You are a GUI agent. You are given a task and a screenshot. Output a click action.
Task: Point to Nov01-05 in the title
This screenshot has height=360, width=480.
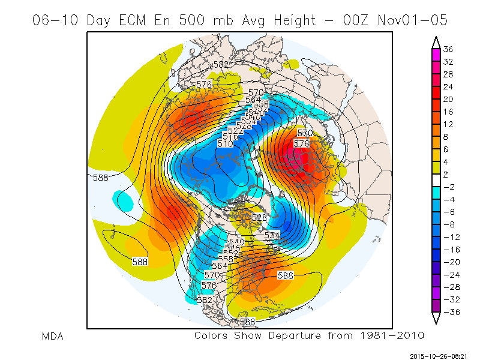click(x=413, y=20)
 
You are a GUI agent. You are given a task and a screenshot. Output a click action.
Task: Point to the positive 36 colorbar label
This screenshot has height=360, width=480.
click(x=448, y=49)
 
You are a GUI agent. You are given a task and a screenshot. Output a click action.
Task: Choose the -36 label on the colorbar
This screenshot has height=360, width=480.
click(x=448, y=311)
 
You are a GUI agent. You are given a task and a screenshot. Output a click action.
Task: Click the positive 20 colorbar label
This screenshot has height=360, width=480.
click(x=448, y=99)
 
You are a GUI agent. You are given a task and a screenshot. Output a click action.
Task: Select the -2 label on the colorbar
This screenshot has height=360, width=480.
click(x=447, y=186)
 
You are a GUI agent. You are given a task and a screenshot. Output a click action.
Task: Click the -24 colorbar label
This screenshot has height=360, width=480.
click(x=448, y=274)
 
